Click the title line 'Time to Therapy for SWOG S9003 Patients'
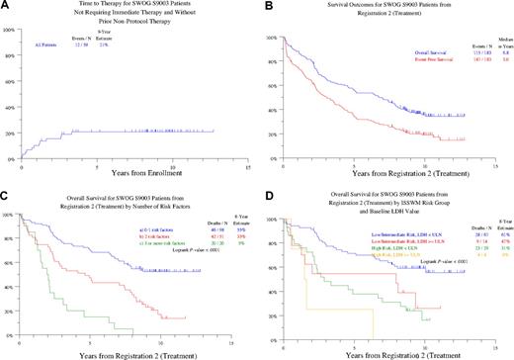127,9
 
